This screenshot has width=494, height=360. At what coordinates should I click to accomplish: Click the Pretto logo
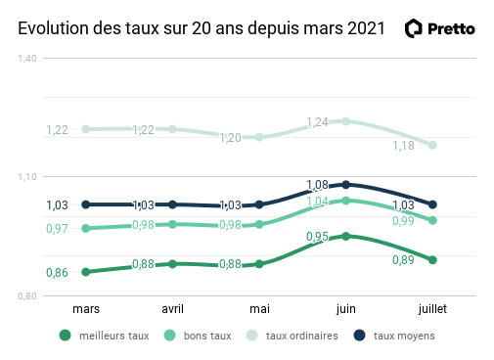click(x=440, y=28)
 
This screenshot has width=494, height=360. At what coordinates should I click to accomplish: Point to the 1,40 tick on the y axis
click(x=26, y=59)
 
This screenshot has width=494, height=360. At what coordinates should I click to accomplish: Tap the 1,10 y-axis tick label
click(x=26, y=177)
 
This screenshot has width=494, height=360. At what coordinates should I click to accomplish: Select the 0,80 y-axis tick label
click(x=26, y=295)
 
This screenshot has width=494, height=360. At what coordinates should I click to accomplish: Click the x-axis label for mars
click(x=86, y=308)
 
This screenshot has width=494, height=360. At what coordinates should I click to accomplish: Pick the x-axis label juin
click(x=345, y=308)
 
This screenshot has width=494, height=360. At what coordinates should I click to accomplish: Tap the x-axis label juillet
click(x=431, y=308)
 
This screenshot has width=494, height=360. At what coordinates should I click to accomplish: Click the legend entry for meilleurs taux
click(x=105, y=336)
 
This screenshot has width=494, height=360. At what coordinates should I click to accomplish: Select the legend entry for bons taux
click(x=198, y=336)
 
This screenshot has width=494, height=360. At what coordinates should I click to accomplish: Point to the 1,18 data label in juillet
click(x=403, y=146)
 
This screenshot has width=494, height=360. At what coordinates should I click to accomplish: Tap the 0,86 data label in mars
click(x=58, y=272)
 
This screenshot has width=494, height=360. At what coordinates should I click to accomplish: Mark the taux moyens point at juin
click(x=345, y=184)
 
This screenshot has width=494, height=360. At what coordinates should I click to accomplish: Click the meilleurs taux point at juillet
click(x=431, y=259)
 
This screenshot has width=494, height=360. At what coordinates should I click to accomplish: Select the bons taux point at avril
click(x=172, y=224)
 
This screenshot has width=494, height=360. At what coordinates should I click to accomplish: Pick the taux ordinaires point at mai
click(x=259, y=137)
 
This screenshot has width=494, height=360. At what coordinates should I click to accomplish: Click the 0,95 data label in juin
click(x=317, y=237)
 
